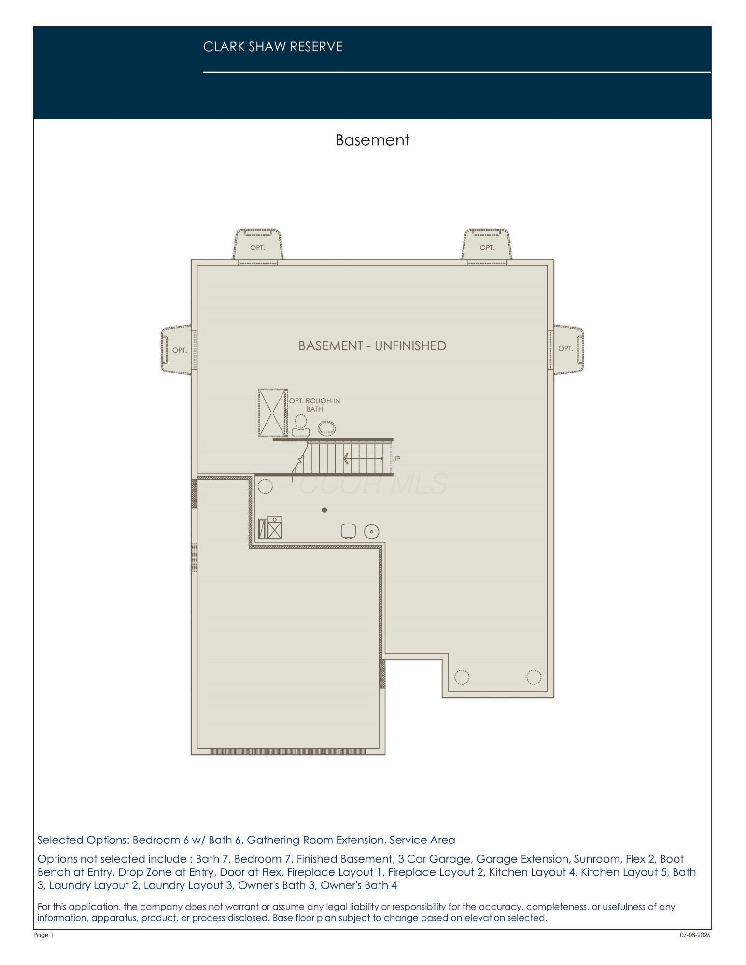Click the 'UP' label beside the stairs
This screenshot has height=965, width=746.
[x=396, y=459]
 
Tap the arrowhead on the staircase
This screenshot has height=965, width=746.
[x=346, y=458]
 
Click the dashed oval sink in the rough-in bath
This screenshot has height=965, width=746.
[x=326, y=427]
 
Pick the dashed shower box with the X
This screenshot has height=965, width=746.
[x=273, y=413]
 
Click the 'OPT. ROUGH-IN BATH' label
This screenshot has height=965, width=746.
[x=314, y=405]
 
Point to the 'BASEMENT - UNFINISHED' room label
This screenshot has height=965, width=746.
[x=372, y=346]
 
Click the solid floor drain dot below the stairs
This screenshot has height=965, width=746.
[x=324, y=510]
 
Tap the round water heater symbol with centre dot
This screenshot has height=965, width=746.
[x=371, y=532]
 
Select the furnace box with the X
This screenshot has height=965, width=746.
[x=274, y=528]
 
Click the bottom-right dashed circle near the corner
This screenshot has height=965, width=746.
[x=534, y=677]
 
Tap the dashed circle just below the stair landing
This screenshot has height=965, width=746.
[x=265, y=486]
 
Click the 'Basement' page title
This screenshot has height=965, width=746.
[x=372, y=140]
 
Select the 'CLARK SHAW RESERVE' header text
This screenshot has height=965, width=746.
[x=273, y=47]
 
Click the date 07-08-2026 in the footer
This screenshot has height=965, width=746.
[x=695, y=935]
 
